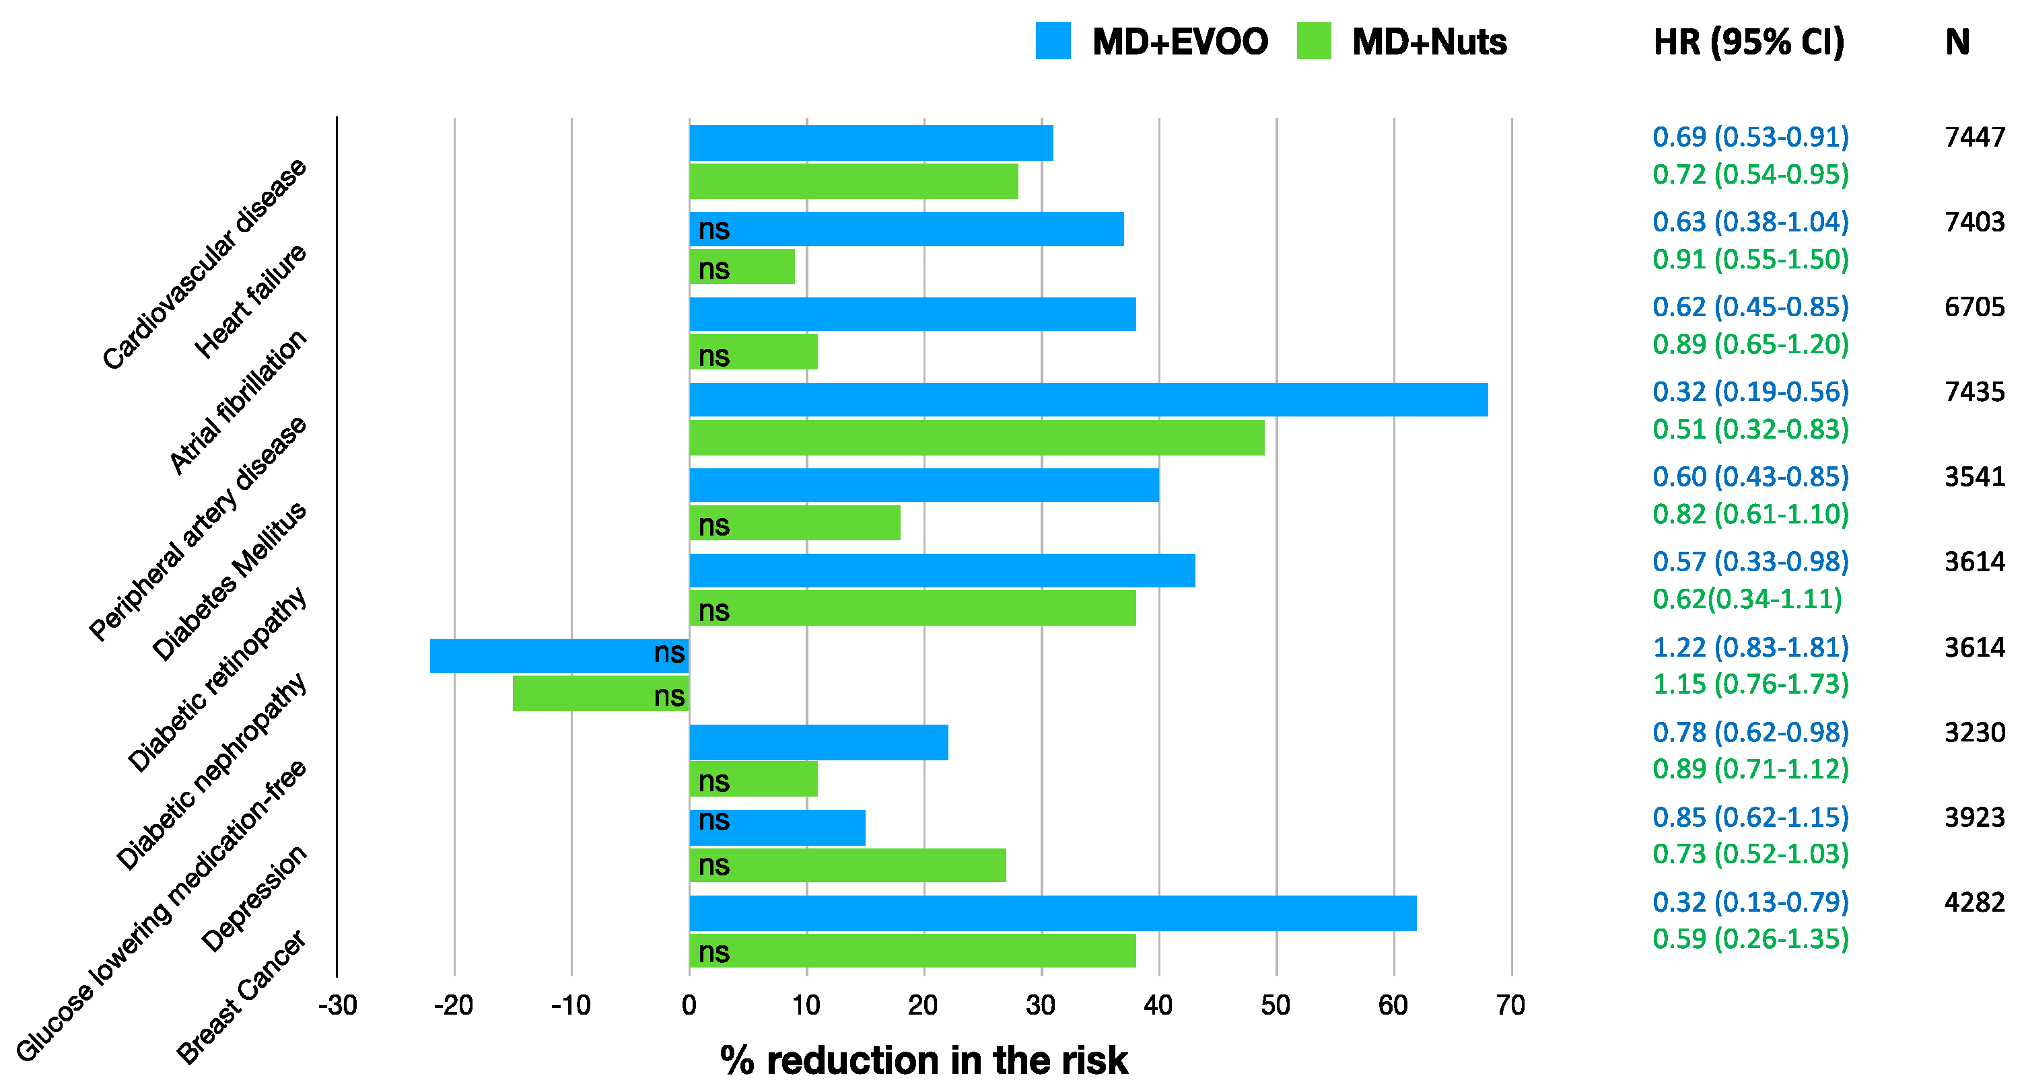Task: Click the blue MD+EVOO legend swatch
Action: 1053,41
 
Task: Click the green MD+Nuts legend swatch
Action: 1314,41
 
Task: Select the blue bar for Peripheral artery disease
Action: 1088,400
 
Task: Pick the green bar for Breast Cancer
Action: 911,951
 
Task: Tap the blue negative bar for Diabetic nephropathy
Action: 559,656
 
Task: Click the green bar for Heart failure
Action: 742,267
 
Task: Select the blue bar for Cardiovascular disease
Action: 870,143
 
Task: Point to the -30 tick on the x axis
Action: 338,1005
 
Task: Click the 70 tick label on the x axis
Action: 1510,1005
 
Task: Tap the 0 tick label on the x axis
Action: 689,1005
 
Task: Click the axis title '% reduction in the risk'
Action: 923,1060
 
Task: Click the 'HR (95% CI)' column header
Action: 1749,42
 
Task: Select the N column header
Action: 1957,42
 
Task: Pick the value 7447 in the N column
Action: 1974,137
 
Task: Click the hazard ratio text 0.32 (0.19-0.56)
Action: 1751,392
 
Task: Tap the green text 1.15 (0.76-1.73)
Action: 1751,684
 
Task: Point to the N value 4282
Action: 1974,902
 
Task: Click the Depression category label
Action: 253,899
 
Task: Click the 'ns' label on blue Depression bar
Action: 713,820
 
